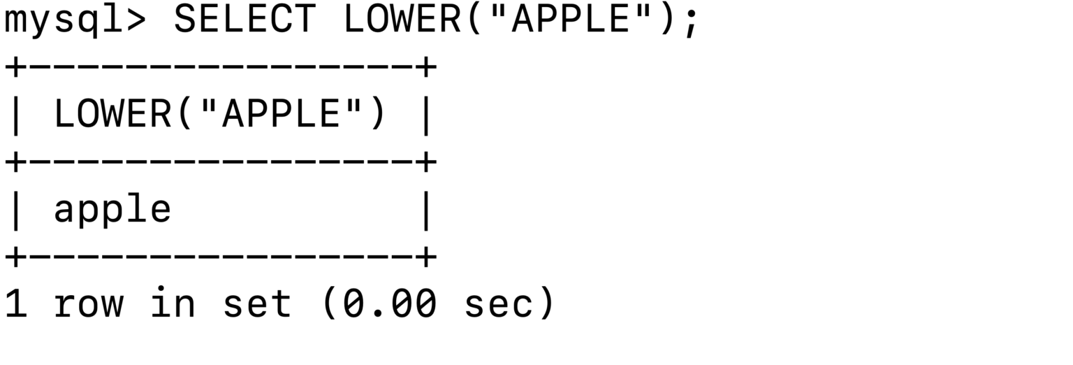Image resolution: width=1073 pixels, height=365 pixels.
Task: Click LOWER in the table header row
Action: (x=112, y=114)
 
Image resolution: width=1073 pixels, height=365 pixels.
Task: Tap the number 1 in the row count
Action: (x=15, y=303)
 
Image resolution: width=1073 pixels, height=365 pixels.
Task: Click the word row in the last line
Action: (x=88, y=303)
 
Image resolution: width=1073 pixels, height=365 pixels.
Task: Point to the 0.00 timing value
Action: (x=390, y=303)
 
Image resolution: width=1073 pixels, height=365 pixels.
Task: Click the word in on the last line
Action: (x=172, y=303)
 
